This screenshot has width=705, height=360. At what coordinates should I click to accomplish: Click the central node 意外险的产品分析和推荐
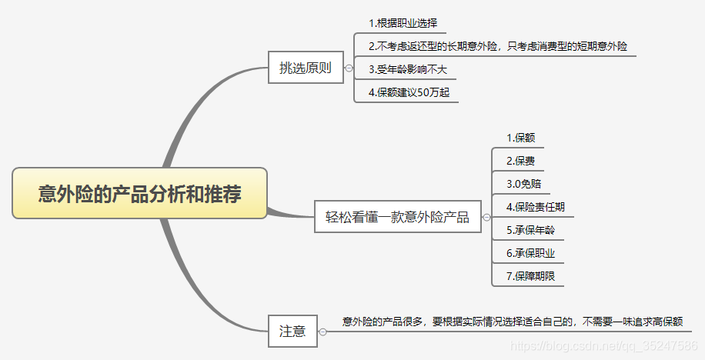139,193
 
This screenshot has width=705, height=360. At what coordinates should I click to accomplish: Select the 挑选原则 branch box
305,68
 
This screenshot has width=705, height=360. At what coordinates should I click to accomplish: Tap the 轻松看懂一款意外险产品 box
397,217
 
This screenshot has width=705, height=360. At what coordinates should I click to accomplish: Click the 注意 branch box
292,332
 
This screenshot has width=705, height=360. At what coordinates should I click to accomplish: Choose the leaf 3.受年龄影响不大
407,69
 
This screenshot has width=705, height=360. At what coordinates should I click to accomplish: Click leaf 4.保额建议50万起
409,92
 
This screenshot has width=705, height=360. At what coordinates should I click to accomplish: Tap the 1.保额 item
520,138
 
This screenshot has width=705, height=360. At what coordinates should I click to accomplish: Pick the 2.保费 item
520,162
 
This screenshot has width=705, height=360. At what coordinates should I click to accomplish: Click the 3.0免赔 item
523,184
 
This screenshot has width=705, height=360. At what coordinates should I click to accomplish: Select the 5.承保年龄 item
530,230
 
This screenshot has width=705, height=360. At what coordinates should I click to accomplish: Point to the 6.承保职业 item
530,253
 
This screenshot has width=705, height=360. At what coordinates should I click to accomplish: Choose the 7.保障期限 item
530,276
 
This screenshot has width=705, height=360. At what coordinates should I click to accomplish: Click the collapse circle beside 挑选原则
349,68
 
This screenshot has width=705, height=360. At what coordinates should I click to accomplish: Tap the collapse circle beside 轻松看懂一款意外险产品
486,218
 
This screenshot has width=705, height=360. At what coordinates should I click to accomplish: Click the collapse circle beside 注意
322,332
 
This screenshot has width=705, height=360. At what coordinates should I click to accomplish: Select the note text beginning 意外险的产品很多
512,322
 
